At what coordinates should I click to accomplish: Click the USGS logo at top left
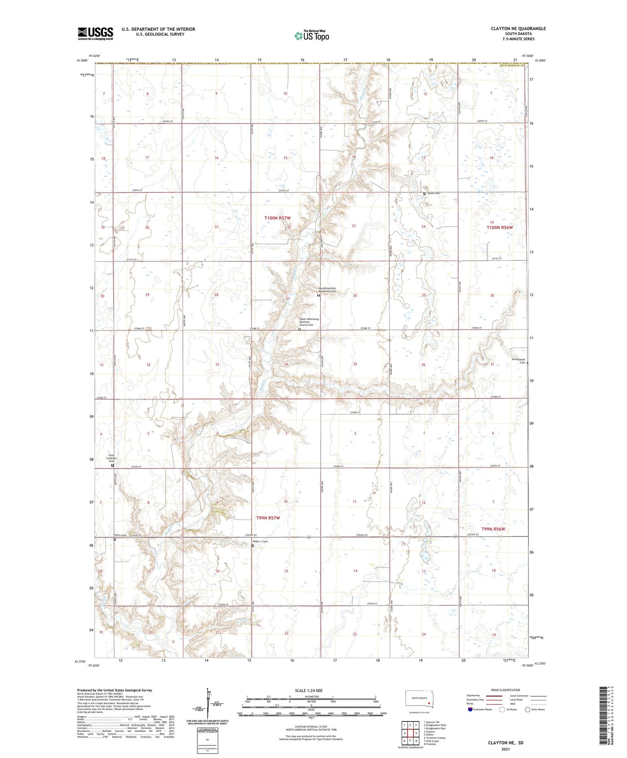(95, 33)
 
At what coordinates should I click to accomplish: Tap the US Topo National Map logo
(312, 35)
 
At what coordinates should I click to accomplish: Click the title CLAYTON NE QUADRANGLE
(518, 29)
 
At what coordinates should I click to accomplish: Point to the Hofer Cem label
(433, 193)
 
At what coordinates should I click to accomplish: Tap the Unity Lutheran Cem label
(113, 458)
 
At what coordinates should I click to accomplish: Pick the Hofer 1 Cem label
(260, 541)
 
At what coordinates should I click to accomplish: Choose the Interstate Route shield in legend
(470, 709)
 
